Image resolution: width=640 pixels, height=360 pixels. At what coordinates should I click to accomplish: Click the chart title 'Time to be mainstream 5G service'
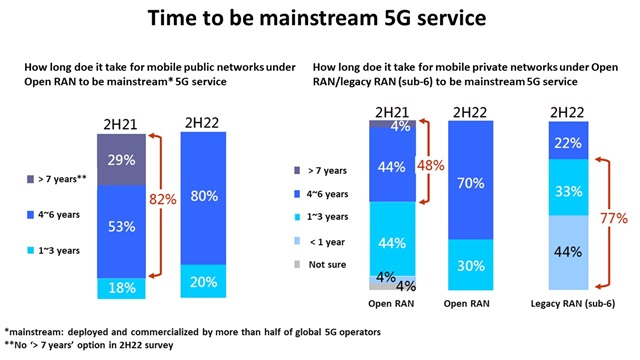click(319, 20)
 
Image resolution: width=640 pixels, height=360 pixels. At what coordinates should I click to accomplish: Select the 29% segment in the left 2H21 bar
click(121, 161)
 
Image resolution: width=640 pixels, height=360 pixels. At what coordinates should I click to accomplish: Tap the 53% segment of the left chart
click(121, 227)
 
